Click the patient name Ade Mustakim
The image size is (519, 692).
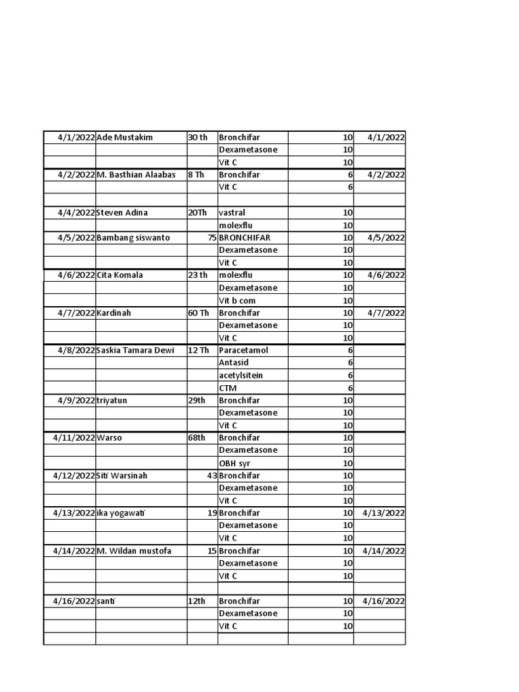(x=125, y=137)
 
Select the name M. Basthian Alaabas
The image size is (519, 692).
(x=136, y=174)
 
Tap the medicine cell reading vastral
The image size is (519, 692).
(x=232, y=212)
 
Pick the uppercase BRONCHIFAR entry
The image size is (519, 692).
(x=245, y=238)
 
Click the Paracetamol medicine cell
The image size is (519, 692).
(x=243, y=350)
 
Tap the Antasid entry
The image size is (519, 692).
(x=234, y=363)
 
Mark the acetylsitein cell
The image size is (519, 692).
(x=241, y=375)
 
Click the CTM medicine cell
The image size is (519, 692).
(x=228, y=388)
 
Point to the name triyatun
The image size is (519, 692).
(x=112, y=400)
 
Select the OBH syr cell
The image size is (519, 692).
(x=234, y=463)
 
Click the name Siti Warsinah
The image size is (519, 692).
(x=122, y=475)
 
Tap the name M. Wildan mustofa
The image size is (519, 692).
(x=134, y=551)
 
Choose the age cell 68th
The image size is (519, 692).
(x=197, y=437)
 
